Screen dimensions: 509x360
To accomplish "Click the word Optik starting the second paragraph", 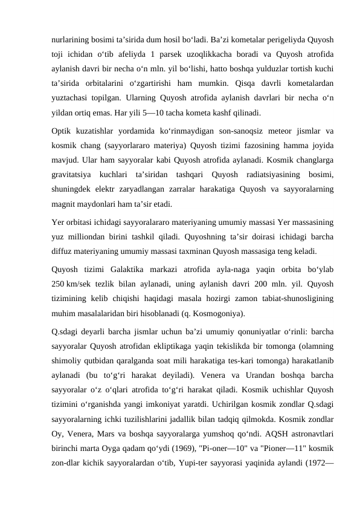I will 62,131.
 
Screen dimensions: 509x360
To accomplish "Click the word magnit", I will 65,204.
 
